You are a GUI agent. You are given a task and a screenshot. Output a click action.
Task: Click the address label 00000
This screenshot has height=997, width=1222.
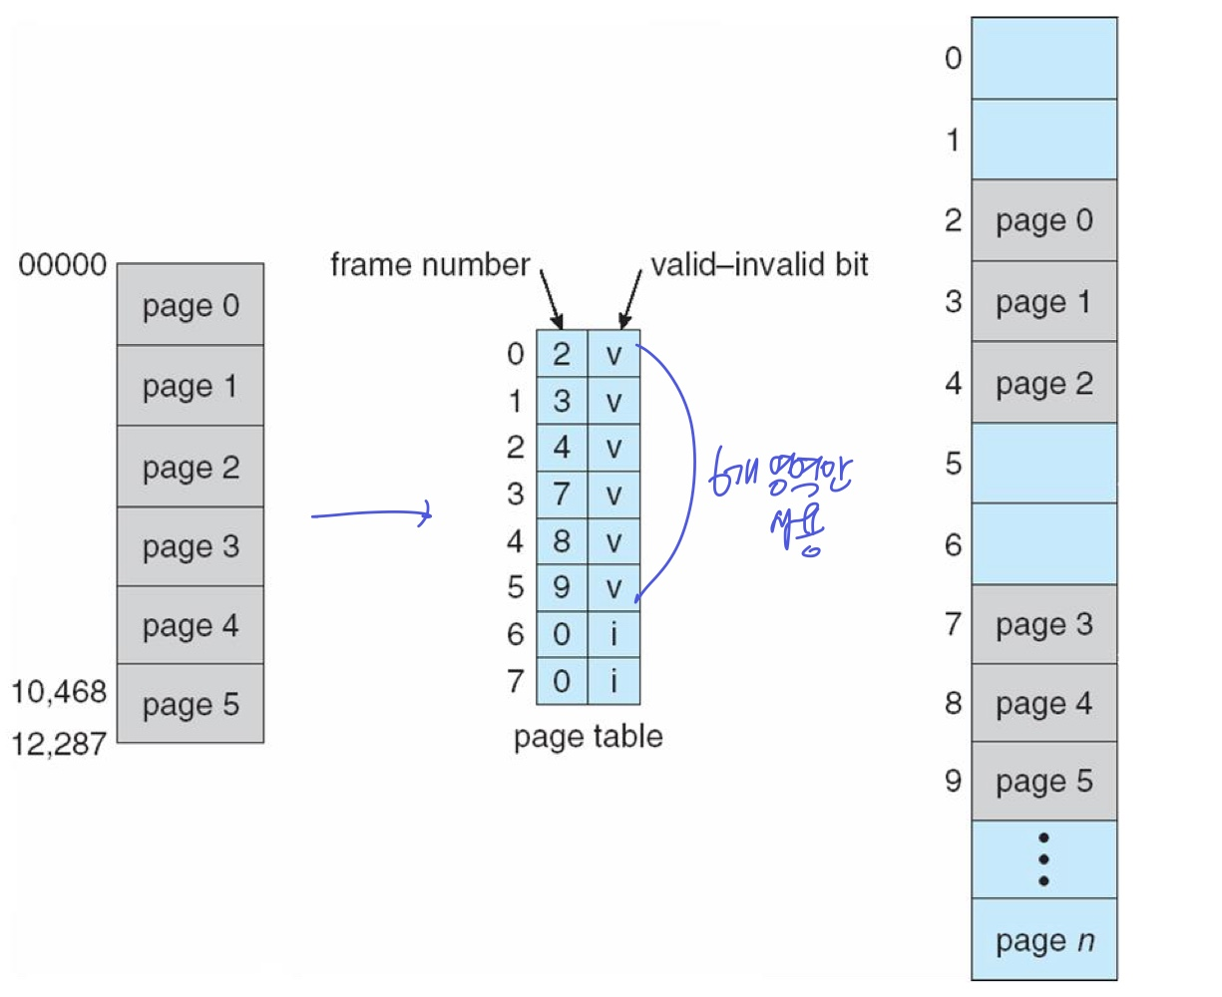pos(62,265)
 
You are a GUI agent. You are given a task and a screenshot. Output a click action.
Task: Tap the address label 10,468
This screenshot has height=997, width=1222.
pos(59,691)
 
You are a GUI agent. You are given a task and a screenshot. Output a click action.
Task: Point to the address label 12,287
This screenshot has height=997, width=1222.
pos(59,744)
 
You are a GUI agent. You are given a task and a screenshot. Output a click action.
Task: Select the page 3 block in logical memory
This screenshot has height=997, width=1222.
pos(191,546)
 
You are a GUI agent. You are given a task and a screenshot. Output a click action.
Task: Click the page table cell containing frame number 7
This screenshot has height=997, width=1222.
pos(562,494)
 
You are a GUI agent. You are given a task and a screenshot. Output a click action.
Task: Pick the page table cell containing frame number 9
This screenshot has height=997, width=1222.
pos(562,587)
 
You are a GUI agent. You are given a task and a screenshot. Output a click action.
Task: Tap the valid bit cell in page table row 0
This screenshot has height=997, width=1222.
pos(613,354)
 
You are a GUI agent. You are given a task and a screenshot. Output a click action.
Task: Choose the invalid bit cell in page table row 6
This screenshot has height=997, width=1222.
pos(613,634)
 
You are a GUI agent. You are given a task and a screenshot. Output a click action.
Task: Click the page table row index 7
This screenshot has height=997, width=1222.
pos(515,681)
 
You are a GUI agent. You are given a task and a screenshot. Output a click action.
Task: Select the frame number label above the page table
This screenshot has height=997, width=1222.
pos(430,265)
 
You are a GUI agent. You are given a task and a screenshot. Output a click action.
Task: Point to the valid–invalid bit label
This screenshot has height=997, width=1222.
pos(759,265)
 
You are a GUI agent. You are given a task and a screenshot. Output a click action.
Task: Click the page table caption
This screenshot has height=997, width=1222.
pos(588,737)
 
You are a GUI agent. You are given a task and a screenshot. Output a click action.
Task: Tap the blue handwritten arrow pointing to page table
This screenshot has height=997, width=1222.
pos(371,515)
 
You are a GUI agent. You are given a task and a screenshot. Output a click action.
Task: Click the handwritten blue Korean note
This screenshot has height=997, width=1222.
pos(783,498)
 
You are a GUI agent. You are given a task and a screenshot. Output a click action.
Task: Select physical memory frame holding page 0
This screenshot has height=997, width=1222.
pos(1043,220)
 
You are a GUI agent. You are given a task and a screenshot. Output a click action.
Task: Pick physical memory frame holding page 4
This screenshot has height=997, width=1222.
pos(1043,704)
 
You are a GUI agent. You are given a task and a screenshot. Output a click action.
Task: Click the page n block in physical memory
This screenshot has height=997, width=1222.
pos(1043,940)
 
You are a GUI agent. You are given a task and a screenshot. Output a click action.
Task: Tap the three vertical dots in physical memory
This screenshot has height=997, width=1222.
pos(1043,859)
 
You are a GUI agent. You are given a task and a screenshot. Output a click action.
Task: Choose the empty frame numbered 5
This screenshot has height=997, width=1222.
pos(1043,463)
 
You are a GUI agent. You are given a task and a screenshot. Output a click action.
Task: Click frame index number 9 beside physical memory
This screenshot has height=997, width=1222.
pos(953,780)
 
